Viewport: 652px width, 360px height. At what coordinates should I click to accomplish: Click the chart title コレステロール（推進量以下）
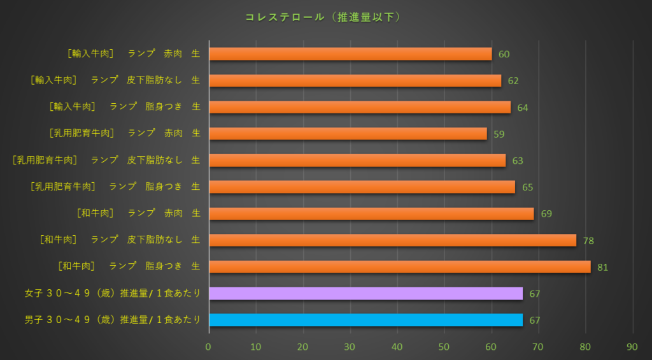point(323,17)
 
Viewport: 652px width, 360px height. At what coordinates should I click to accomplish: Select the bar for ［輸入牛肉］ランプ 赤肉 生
point(350,54)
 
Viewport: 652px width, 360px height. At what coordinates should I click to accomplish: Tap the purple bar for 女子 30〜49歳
point(365,293)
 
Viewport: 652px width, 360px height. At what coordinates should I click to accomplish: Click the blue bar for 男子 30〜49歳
point(365,320)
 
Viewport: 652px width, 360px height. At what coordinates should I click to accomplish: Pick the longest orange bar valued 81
point(399,266)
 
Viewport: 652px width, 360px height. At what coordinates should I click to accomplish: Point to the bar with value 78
point(392,240)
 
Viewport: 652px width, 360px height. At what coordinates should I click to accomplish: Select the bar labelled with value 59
point(348,134)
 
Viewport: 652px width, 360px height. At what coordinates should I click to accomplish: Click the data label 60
point(504,54)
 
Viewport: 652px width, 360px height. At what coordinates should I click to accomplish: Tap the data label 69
point(546,213)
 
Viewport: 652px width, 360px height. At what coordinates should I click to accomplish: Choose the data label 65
point(527,187)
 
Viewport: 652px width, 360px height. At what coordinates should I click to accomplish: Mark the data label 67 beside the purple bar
point(535,294)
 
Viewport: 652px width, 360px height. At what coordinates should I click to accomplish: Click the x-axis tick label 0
point(208,347)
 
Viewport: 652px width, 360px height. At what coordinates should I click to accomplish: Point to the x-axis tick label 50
point(444,347)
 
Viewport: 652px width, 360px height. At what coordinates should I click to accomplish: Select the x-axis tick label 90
point(632,347)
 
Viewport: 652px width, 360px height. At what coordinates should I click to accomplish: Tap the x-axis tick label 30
point(350,347)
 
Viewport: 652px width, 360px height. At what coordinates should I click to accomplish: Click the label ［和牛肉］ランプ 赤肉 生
point(138,213)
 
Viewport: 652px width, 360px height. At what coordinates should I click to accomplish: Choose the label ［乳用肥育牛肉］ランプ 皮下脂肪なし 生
point(106,160)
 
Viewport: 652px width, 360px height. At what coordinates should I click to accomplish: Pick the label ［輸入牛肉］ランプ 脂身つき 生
point(125,107)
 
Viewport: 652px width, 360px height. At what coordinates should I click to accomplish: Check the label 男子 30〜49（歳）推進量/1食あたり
point(112,320)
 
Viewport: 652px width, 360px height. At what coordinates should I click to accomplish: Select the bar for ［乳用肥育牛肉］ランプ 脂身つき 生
point(362,187)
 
